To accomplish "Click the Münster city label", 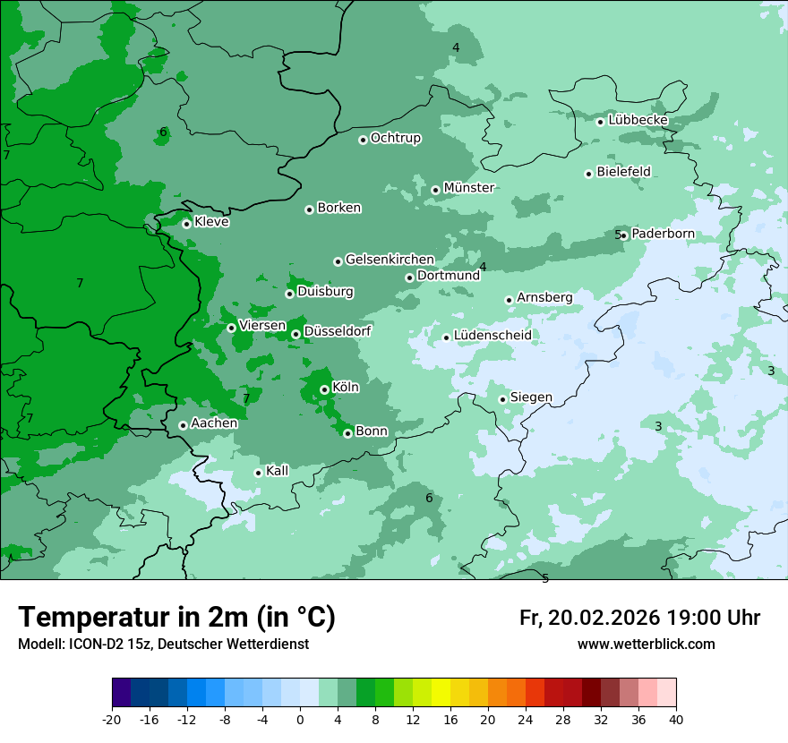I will (468, 188).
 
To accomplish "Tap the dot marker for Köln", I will (324, 389).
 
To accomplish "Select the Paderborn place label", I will (663, 234).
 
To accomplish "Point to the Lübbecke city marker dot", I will (600, 122).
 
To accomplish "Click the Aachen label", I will (214, 423).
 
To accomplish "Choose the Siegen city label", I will (531, 397).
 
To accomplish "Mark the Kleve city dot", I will (186, 224).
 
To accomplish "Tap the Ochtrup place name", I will (395, 138).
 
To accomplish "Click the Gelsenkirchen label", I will (390, 260).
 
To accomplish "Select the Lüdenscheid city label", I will (492, 336).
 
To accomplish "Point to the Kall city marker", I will (258, 473).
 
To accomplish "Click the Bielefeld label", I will (623, 172).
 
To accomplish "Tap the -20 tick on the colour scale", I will (112, 719).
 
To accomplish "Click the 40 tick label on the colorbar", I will (675, 719).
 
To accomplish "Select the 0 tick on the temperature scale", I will (300, 719).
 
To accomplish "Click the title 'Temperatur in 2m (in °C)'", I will (176, 618).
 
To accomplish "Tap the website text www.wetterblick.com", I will (646, 644).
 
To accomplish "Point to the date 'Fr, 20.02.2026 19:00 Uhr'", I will (639, 618).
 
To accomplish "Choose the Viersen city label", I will (262, 326).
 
